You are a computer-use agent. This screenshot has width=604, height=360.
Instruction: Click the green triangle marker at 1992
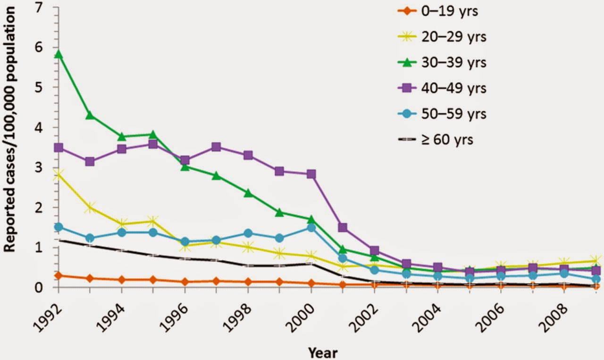click(59, 54)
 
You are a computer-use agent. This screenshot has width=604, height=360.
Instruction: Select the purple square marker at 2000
click(311, 174)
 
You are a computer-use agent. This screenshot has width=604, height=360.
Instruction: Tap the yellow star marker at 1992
click(59, 175)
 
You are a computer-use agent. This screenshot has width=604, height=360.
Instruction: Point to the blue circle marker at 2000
click(311, 228)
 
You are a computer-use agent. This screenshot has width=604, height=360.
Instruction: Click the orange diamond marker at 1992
click(59, 276)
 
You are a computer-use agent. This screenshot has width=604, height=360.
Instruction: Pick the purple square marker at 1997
click(216, 147)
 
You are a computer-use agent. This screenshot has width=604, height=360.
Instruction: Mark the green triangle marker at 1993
click(90, 116)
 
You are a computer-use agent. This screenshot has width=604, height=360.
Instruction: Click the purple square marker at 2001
click(343, 228)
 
